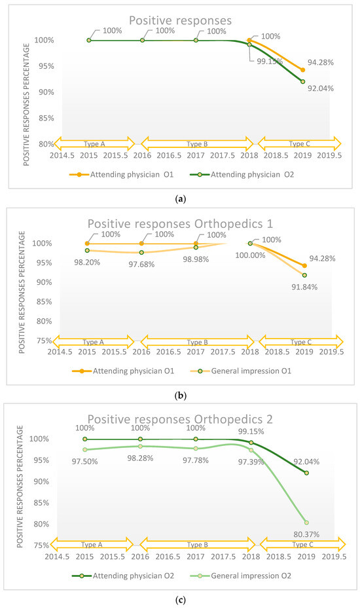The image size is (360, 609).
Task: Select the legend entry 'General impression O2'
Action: [x=246, y=576]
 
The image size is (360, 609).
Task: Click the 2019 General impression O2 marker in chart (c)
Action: [x=306, y=522]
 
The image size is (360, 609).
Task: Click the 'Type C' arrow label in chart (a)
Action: [x=298, y=143]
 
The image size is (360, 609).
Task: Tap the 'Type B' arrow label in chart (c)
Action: [x=196, y=544]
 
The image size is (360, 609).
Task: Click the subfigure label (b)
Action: [x=179, y=397]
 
